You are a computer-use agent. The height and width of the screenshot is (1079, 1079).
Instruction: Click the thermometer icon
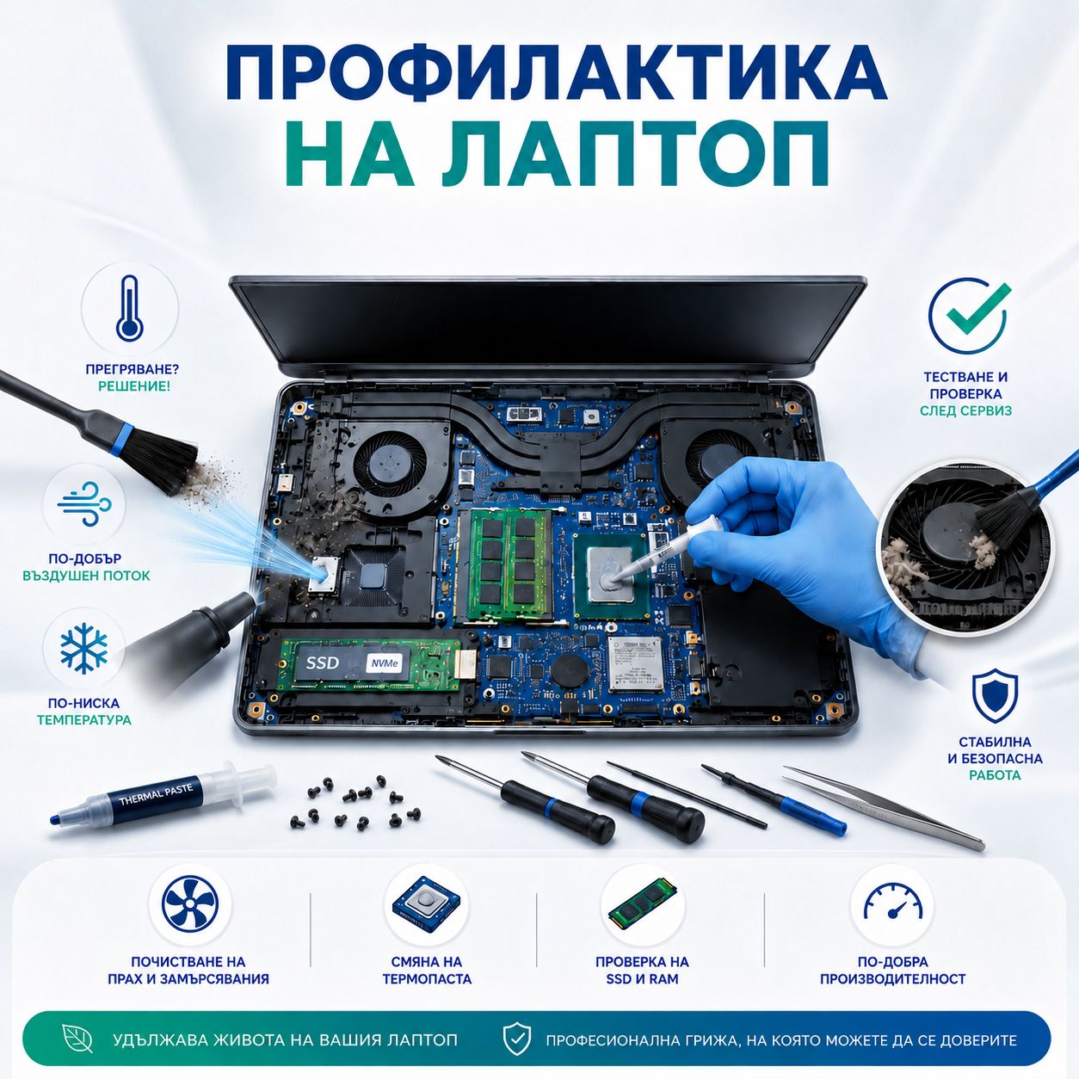130,307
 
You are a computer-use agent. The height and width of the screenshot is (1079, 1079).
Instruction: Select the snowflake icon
83,647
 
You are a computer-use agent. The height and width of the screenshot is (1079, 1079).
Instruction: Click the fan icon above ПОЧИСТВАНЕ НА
190,904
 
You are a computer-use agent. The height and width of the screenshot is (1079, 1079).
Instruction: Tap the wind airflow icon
84,504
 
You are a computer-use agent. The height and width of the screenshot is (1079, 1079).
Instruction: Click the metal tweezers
884,806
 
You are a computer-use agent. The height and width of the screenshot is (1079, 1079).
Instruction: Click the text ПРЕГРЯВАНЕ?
133,369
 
